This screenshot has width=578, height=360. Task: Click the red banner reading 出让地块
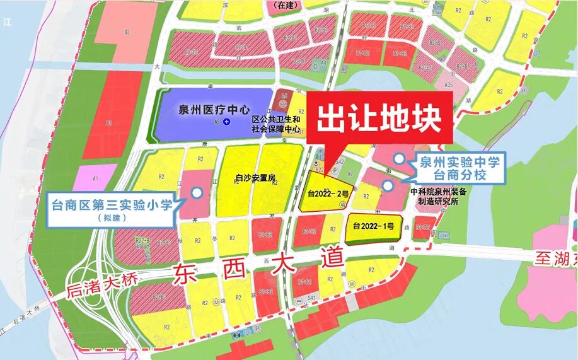(378, 119)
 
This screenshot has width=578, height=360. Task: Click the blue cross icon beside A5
(226, 121)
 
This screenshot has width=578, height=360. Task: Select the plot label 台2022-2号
(325, 193)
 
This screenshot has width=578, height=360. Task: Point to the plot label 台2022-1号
(373, 226)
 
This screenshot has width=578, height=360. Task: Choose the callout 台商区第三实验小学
(112, 206)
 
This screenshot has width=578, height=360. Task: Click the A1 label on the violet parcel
(95, 179)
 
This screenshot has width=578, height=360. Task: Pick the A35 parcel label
(448, 84)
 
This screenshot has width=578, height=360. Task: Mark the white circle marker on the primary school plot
(197, 192)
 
